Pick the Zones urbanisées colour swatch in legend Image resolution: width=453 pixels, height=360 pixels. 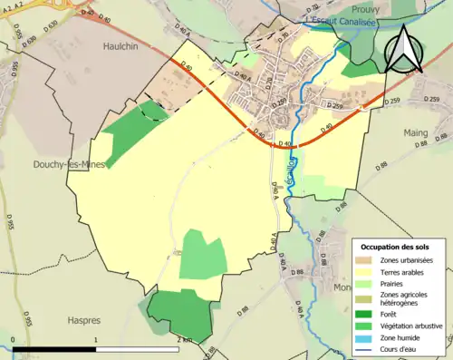click(367, 261)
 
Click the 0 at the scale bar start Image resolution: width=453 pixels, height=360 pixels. click(13, 340)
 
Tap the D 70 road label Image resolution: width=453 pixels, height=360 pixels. click(283, 37)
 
